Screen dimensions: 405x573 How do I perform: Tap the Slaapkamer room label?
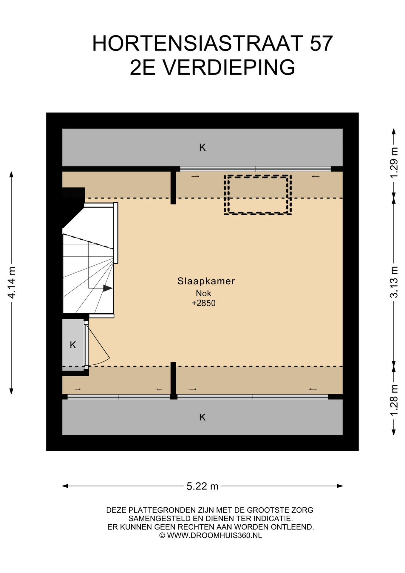pyautogui.click(x=206, y=281)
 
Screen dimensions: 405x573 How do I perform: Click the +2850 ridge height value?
pyautogui.click(x=203, y=303)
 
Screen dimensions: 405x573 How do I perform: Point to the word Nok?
pyautogui.click(x=203, y=293)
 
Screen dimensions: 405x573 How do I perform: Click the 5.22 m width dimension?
pyautogui.click(x=202, y=486)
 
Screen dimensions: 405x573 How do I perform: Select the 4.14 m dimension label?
pyautogui.click(x=12, y=282)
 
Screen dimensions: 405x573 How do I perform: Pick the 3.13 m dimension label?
pyautogui.click(x=394, y=282)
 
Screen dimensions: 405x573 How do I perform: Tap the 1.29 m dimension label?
pyautogui.click(x=394, y=163)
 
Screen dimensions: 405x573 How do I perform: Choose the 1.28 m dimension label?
pyautogui.click(x=394, y=400)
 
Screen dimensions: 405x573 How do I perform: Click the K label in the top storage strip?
pyautogui.click(x=202, y=147)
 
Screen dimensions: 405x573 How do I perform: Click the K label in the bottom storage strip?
pyautogui.click(x=202, y=417)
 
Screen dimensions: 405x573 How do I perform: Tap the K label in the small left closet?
pyautogui.click(x=73, y=345)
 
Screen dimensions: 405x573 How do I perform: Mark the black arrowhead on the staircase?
pyautogui.click(x=108, y=288)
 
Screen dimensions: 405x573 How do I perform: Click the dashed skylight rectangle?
pyautogui.click(x=258, y=176)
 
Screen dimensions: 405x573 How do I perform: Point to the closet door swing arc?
pyautogui.click(x=101, y=363)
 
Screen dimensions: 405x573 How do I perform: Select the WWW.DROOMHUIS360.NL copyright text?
pyautogui.click(x=214, y=535)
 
